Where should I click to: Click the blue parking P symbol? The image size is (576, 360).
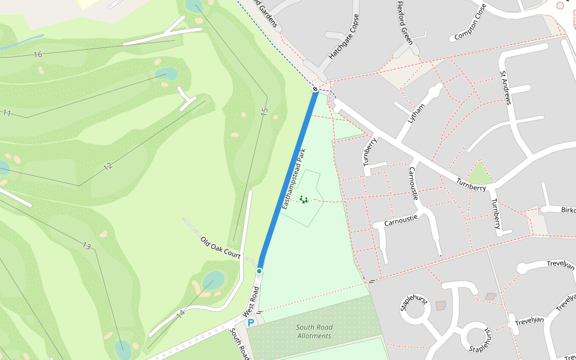point(251,322)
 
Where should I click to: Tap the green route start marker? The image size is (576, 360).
point(259,271)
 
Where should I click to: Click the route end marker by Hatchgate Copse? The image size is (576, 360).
point(315,89)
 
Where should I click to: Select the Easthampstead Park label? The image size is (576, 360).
point(294,178)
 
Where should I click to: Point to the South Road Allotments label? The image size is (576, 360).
point(314,332)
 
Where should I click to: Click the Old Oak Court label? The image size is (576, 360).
point(220,248)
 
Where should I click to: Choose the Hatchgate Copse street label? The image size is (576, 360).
point(343,37)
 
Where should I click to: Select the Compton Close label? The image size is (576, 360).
point(470,23)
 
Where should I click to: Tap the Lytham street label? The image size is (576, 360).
point(416,113)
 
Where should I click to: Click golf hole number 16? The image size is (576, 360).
point(38,55)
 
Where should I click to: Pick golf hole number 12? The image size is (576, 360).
point(108,166)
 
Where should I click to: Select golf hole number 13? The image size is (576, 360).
point(87,246)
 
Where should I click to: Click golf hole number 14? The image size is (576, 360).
point(181,313)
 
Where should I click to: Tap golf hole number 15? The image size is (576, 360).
point(264,112)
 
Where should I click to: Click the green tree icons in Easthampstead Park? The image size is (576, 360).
point(304,199)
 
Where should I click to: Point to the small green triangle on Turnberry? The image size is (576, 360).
point(480,174)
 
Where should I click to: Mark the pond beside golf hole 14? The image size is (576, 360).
point(213,280)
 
